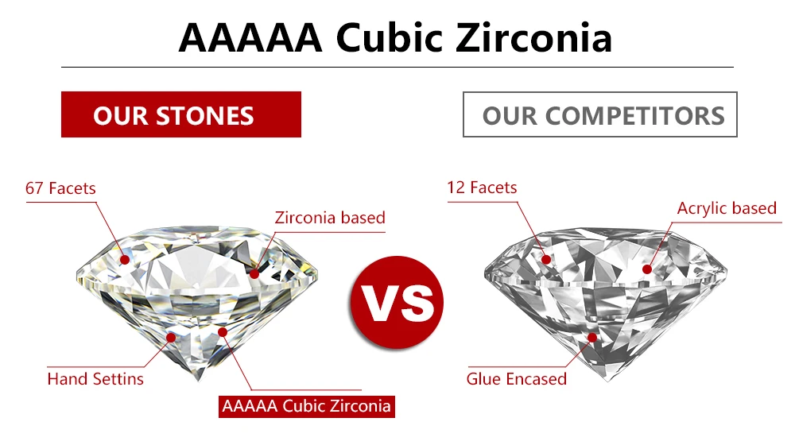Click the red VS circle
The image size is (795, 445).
(x=397, y=303)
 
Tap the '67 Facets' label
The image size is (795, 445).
(x=60, y=188)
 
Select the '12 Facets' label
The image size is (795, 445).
(x=482, y=188)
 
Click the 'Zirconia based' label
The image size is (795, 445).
(x=330, y=218)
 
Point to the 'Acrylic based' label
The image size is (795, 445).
(x=727, y=208)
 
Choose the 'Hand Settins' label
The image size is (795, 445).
(x=95, y=379)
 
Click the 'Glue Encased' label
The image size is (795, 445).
(x=516, y=379)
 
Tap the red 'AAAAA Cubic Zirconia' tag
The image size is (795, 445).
(x=307, y=407)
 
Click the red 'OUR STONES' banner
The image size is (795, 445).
(x=181, y=114)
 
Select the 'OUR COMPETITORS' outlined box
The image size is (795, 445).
(x=599, y=114)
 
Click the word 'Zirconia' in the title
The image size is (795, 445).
(x=534, y=37)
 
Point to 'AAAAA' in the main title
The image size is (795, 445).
(x=250, y=38)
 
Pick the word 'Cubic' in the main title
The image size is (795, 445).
(x=389, y=37)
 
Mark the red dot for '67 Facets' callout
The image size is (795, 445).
(x=125, y=260)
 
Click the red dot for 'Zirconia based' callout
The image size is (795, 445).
(x=254, y=273)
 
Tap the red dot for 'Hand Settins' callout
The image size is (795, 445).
(x=172, y=338)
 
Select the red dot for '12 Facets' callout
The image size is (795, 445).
(x=546, y=260)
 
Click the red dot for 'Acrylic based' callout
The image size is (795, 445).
(x=647, y=269)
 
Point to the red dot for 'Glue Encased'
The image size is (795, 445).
(x=591, y=338)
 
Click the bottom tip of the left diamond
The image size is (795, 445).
(x=198, y=381)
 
